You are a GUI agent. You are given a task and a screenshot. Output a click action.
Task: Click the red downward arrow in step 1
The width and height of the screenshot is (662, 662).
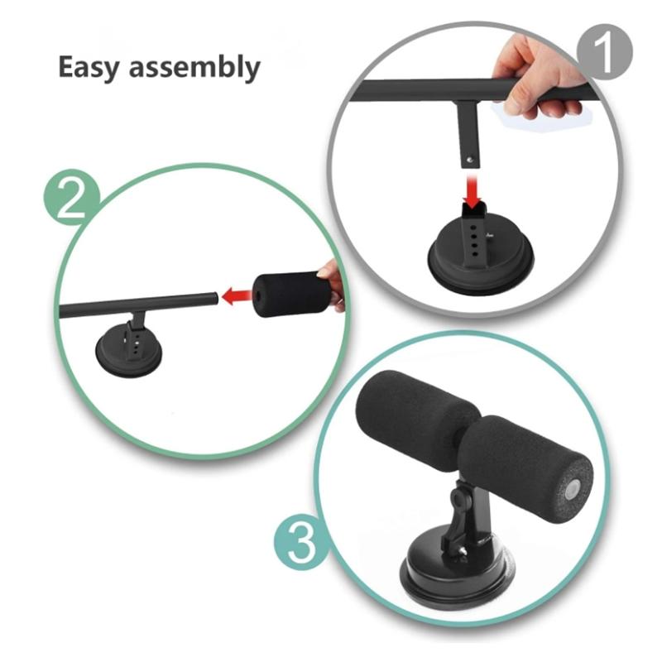[472, 192]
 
